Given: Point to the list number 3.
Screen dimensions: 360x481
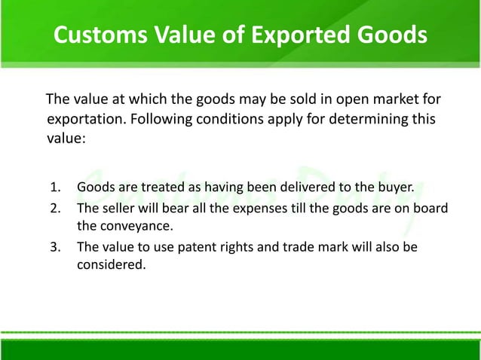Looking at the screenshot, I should click(55, 247).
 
